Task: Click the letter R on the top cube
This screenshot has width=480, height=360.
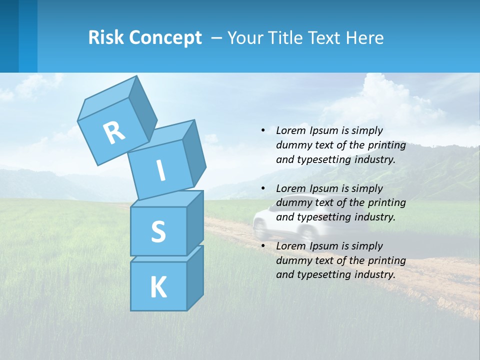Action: [x=114, y=132]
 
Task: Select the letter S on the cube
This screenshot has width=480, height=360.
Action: [x=158, y=231]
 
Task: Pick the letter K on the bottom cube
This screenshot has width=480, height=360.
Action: [x=158, y=287]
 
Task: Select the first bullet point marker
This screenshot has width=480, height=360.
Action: [x=263, y=130]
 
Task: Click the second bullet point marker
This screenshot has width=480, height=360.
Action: [x=263, y=188]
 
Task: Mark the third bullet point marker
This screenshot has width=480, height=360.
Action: [x=263, y=246]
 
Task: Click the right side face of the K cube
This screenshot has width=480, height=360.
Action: [x=195, y=277]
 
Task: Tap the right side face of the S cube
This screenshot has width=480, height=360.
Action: [x=195, y=222]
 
